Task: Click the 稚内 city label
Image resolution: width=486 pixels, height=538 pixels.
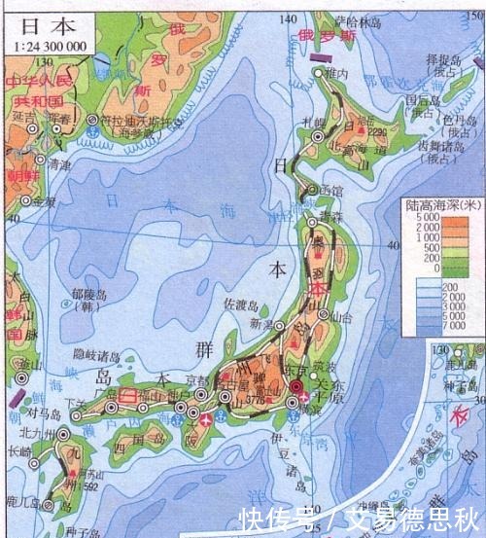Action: pyautogui.click(x=337, y=73)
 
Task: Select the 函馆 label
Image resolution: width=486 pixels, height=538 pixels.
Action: pyautogui.click(x=331, y=190)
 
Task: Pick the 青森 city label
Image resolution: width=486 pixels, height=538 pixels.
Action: pyautogui.click(x=332, y=217)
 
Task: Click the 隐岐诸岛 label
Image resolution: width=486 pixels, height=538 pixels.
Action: pyautogui.click(x=97, y=357)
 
